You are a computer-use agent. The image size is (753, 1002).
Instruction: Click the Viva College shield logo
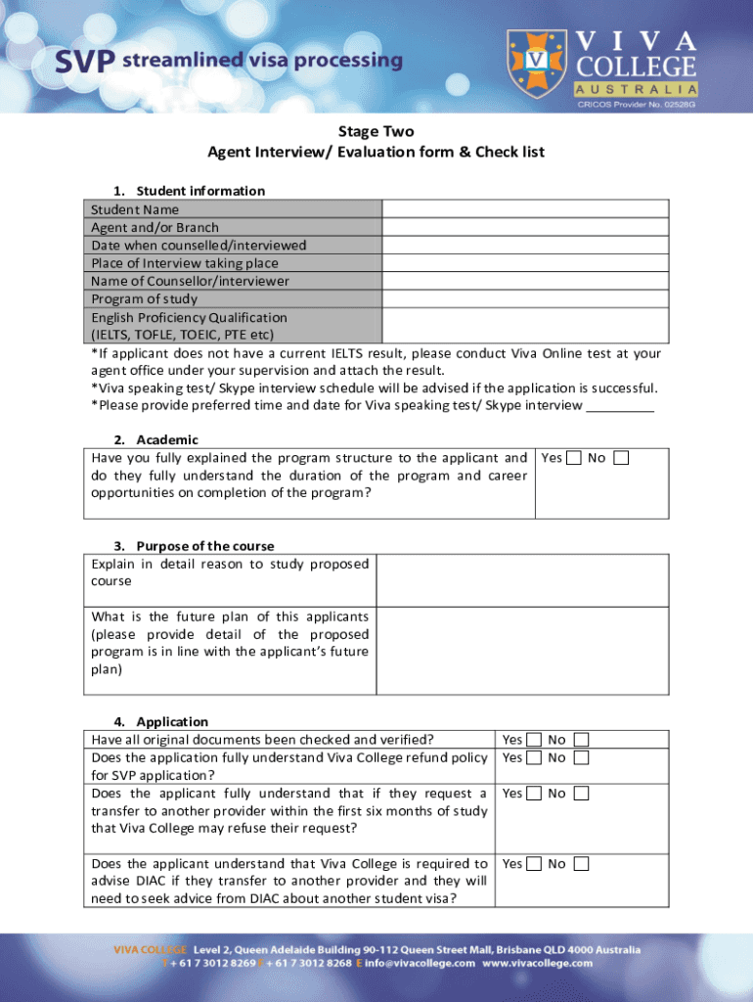[536, 61]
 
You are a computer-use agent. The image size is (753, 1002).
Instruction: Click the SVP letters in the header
[84, 62]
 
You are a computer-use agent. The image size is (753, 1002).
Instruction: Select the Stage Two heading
[376, 131]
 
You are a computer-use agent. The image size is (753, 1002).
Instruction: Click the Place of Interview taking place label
[184, 262]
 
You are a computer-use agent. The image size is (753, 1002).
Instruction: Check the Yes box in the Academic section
[574, 458]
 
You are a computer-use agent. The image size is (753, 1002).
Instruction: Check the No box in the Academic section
[621, 458]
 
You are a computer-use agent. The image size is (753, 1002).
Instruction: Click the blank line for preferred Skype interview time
[620, 406]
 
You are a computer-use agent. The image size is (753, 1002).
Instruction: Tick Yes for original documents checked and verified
[534, 740]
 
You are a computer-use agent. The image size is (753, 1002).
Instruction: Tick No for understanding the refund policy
[581, 757]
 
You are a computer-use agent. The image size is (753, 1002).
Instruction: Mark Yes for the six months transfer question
[534, 794]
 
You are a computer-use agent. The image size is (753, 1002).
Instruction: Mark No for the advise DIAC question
[581, 864]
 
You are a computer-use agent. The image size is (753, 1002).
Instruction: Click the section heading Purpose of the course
[205, 546]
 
